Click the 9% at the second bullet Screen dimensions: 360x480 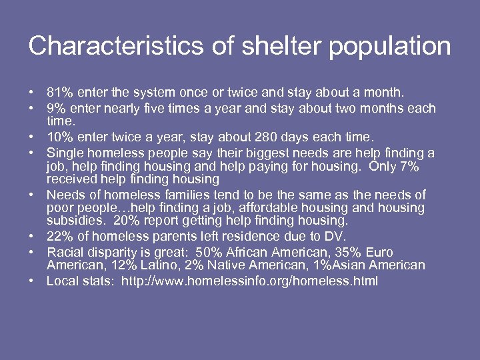coord(56,108)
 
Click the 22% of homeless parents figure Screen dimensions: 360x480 coord(60,237)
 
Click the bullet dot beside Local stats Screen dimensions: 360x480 coord(32,281)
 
